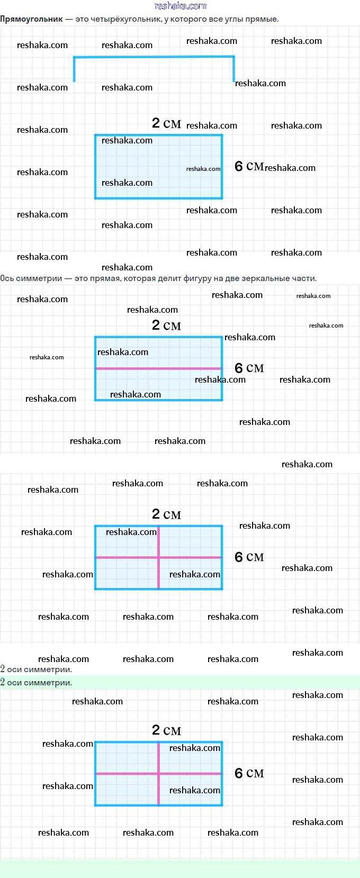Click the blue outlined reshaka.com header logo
[181, 6]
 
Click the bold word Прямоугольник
[31, 19]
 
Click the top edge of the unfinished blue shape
[154, 58]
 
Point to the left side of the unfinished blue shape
[75, 69]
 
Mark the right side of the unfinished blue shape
[233, 69]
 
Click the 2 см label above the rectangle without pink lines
[166, 123]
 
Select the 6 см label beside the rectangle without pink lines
[249, 166]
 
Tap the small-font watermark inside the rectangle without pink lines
[203, 169]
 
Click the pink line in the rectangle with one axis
[158, 368]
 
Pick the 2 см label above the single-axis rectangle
[166, 325]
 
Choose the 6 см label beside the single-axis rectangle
[249, 368]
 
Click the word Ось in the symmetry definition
[7, 278]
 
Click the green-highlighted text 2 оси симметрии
[36, 682]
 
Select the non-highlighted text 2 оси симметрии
[36, 669]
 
